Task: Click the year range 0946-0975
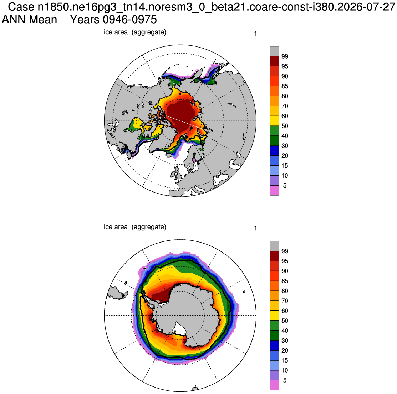tap(130, 20)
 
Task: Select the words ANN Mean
tap(29, 20)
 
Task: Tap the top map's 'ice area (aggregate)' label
tap(135, 32)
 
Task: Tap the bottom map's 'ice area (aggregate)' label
tap(135, 227)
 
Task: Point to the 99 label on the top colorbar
tap(285, 56)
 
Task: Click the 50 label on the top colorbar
tap(285, 126)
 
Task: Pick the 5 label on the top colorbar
tap(285, 185)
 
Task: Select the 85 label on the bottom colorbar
tap(285, 281)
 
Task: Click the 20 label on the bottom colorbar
tap(285, 350)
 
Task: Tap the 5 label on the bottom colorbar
tap(285, 380)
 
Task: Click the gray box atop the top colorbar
tap(274, 51)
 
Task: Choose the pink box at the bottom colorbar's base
tap(274, 385)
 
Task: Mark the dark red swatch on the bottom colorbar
tap(274, 256)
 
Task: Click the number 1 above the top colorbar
tap(255, 34)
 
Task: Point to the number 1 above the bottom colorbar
tap(255, 228)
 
